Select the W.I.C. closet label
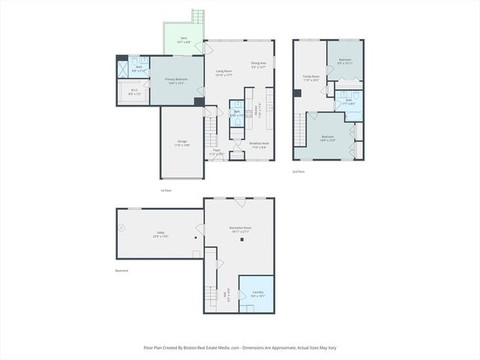click(x=133, y=92)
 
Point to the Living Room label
click(x=223, y=72)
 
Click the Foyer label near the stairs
click(x=216, y=151)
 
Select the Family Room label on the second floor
click(x=310, y=76)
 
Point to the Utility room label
click(x=160, y=233)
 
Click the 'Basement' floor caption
click(x=121, y=271)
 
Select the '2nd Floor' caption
click(x=298, y=171)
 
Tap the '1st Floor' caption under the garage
click(x=166, y=190)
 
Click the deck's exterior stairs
click(x=198, y=16)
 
